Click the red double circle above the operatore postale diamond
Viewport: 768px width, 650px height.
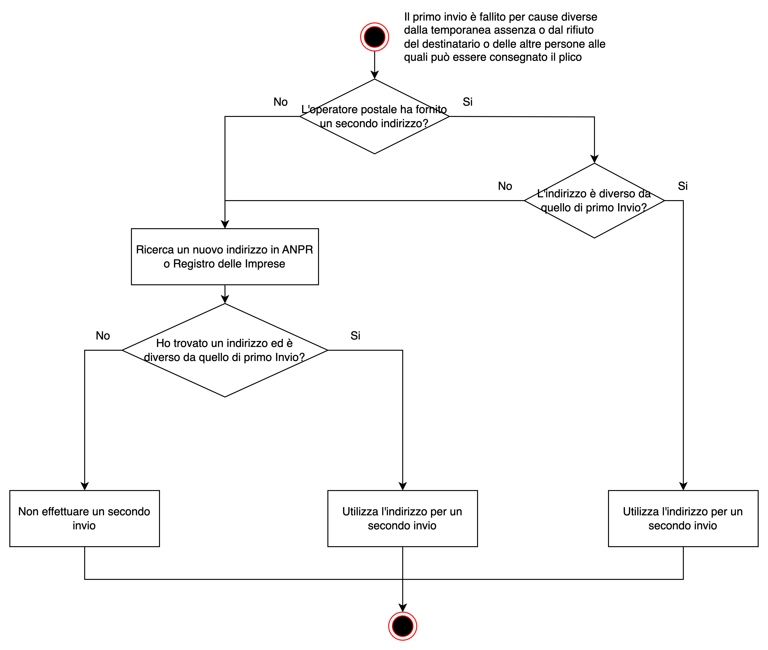coord(374,37)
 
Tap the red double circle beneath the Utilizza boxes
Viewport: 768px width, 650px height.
coord(402,626)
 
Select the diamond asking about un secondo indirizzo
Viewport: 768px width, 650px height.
coord(374,116)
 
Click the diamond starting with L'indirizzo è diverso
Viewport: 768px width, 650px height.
coord(594,200)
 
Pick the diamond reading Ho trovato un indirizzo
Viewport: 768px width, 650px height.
coord(225,350)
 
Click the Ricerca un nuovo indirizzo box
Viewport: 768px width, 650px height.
coord(225,256)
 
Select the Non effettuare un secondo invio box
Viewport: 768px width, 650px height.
coord(84,518)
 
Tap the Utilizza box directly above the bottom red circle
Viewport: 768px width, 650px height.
coord(402,518)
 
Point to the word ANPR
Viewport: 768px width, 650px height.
coord(297,250)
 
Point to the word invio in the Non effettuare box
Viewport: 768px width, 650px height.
coord(84,525)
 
